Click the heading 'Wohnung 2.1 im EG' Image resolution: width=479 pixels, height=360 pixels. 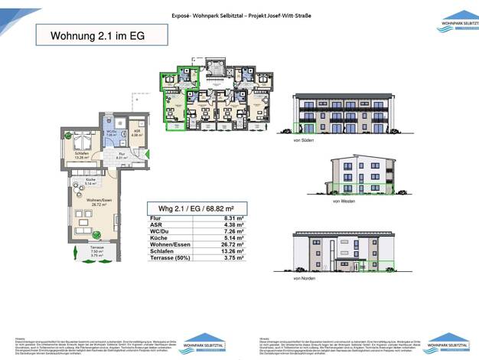point(97,36)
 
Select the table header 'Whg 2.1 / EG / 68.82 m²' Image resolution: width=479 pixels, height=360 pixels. point(197,208)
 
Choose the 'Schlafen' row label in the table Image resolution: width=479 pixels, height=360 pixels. point(162,252)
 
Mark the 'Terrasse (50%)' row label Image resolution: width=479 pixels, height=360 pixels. point(171,259)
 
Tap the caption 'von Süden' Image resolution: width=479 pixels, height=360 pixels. point(303,142)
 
